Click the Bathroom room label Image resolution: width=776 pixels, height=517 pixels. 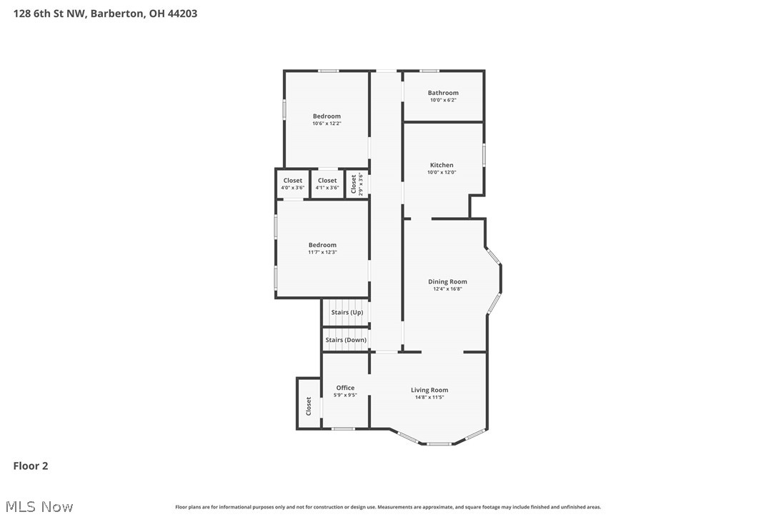(x=443, y=93)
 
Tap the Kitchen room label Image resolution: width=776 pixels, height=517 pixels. (x=442, y=165)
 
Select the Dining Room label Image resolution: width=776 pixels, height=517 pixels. (x=447, y=281)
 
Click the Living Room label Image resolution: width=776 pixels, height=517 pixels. (x=429, y=390)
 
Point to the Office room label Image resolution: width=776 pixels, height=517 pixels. (x=345, y=388)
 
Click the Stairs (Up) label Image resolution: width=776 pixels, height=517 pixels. (x=347, y=312)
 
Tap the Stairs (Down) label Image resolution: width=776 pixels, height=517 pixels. (x=346, y=340)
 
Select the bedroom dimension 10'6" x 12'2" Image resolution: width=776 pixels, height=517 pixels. (x=327, y=124)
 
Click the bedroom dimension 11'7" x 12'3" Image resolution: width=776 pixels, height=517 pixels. (x=322, y=252)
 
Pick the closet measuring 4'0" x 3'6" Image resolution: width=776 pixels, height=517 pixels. (x=293, y=184)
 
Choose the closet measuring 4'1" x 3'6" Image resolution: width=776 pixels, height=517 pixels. (x=327, y=184)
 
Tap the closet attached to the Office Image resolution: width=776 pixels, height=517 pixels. (x=309, y=406)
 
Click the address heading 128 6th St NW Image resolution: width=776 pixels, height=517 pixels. (x=105, y=13)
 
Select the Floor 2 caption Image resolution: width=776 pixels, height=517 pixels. (x=31, y=466)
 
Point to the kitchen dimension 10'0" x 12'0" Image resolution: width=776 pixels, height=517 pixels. (x=442, y=172)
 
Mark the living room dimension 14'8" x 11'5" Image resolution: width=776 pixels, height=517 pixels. (x=429, y=397)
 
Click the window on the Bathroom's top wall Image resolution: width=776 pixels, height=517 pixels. (x=429, y=71)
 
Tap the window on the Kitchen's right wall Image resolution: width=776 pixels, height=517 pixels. (x=484, y=155)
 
